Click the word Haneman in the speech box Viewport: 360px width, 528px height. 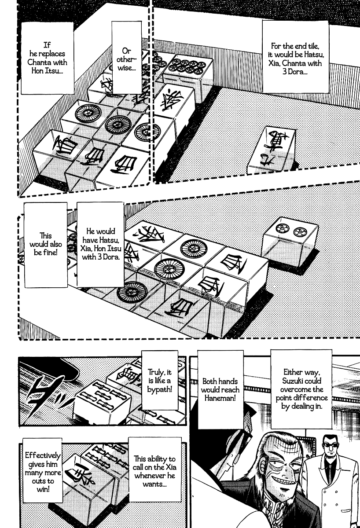pyautogui.click(x=220, y=398)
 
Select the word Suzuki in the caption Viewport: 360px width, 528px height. pyautogui.click(x=301, y=381)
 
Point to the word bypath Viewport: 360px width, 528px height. pyautogui.click(x=160, y=389)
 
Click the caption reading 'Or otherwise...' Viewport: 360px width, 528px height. pyautogui.click(x=126, y=59)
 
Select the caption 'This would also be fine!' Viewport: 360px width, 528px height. pyautogui.click(x=46, y=244)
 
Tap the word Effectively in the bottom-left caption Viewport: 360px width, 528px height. pyautogui.click(x=43, y=455)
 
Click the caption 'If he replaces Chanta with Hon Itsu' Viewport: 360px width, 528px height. pyautogui.click(x=47, y=58)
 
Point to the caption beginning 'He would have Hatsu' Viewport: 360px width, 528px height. pyautogui.click(x=101, y=244)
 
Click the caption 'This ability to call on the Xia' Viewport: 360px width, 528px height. pyautogui.click(x=154, y=471)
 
